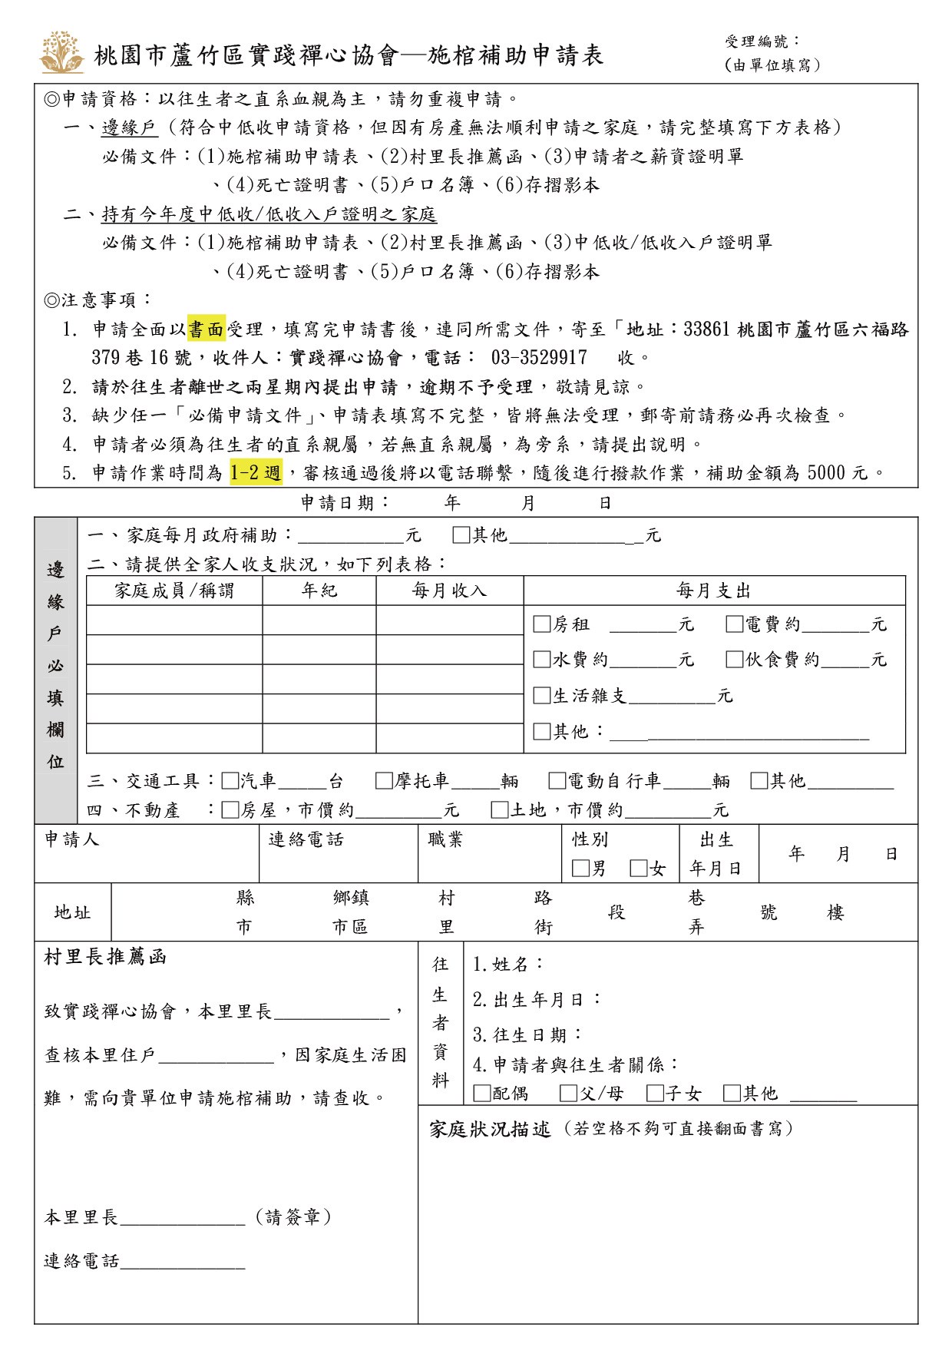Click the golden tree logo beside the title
coord(62,52)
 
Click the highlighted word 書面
coord(207,329)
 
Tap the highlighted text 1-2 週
coord(256,472)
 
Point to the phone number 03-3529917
coord(539,358)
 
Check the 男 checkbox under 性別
coord(580,869)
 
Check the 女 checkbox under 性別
coord(638,869)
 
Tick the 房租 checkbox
coord(542,624)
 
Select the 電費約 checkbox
coord(735,624)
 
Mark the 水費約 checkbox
coord(542,659)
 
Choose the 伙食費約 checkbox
coord(735,659)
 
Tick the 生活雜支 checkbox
coord(542,695)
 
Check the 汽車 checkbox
coord(230,781)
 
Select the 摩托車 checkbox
coord(384,781)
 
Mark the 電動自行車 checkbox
coord(557,781)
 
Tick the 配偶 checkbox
coord(482,1093)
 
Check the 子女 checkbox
coord(655,1093)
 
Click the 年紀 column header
coord(319,591)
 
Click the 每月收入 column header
coord(449,591)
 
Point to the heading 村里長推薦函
coord(105,957)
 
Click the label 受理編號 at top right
coord(762,41)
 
